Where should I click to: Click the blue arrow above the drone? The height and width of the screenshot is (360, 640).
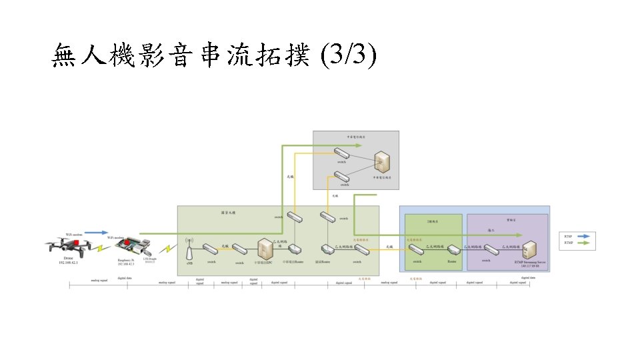[96, 233]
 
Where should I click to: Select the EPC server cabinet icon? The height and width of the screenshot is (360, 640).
[266, 249]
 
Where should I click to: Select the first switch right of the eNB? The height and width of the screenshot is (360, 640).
[211, 249]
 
